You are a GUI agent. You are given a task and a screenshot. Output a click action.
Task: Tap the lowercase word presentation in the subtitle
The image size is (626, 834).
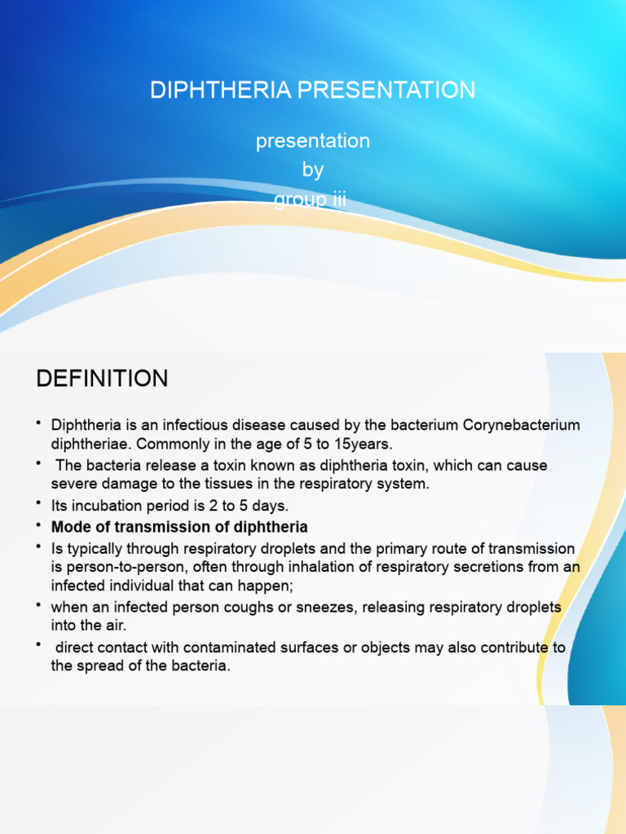pos(313,141)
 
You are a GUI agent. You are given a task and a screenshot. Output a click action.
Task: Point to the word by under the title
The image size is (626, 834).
pos(313,170)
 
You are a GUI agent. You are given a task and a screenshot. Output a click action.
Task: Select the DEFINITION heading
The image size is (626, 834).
pos(102,379)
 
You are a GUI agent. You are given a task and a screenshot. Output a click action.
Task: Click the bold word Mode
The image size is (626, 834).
pos(70,527)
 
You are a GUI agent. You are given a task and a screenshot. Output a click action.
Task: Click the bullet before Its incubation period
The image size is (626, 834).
pos(39,505)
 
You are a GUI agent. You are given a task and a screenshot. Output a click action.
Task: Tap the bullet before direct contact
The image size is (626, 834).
pos(39,647)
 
